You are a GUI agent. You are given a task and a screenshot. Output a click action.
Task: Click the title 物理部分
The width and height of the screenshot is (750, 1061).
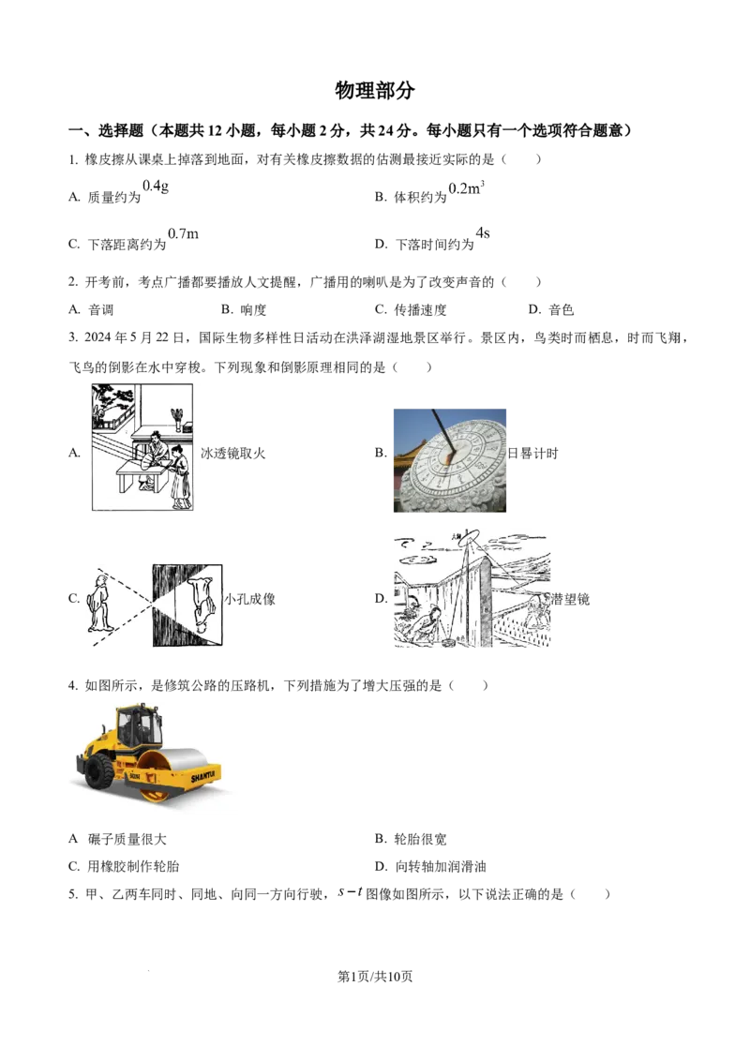pos(374,90)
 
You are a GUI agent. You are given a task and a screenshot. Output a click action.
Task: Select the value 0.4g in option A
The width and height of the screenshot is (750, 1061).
pos(156,187)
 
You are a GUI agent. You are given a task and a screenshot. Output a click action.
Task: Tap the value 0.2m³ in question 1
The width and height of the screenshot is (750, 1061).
pos(466,188)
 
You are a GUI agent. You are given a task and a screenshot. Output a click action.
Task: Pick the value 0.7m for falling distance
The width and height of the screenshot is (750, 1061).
pos(184,234)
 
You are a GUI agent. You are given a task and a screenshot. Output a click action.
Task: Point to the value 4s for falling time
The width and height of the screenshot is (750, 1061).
pos(483,233)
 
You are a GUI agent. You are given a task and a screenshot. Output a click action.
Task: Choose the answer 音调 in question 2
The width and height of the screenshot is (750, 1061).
pos(101,310)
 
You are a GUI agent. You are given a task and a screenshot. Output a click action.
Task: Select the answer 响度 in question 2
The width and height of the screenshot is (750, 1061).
pos(254,310)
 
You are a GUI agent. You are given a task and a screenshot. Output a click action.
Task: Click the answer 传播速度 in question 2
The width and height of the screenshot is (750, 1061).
pos(420,310)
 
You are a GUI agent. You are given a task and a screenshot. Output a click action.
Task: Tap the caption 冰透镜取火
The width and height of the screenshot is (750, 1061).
pos(232,454)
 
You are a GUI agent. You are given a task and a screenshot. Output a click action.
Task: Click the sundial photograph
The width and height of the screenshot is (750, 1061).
pos(450,460)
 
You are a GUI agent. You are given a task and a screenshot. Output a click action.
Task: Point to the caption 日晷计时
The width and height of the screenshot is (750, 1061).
pos(532,454)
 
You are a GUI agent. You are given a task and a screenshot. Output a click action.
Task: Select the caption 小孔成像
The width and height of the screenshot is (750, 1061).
pos(249,599)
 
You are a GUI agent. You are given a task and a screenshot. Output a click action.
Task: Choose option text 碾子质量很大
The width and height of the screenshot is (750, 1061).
pos(127,839)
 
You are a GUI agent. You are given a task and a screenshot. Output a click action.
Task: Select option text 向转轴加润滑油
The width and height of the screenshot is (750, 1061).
pos(441,867)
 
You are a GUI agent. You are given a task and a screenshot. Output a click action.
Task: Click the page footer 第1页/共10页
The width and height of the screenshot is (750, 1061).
pos(375,976)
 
